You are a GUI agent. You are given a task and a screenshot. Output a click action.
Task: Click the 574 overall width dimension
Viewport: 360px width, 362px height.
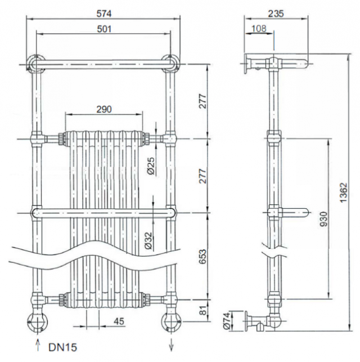[x=104, y=14]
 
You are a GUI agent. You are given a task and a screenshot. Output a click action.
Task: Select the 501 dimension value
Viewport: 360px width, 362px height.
[x=104, y=29]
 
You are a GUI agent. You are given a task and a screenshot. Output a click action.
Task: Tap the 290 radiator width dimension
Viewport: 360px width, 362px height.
[x=104, y=109]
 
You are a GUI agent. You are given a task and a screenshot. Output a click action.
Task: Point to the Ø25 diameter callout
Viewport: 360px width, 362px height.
[x=151, y=166]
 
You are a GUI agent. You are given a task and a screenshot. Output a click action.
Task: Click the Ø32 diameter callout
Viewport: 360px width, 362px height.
[x=148, y=241]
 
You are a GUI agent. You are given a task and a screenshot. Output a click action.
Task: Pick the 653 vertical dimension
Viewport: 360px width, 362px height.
[x=202, y=256]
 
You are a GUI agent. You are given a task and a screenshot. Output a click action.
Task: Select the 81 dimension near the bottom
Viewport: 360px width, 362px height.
[x=203, y=310]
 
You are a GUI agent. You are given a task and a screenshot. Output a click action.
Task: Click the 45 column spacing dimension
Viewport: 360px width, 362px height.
[x=119, y=321]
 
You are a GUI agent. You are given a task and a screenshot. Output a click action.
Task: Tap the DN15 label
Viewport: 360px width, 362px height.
[x=62, y=347]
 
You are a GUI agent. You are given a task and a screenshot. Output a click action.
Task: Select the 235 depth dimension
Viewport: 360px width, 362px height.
[x=276, y=14]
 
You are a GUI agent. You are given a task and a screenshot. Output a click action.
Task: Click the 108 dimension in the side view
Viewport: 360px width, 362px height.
[x=259, y=29]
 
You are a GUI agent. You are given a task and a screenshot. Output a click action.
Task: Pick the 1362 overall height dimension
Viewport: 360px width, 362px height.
[x=344, y=193]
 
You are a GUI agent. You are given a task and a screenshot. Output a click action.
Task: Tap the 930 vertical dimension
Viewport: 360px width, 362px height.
[x=324, y=219]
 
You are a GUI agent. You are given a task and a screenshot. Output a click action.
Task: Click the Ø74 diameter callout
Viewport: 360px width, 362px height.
[x=227, y=321]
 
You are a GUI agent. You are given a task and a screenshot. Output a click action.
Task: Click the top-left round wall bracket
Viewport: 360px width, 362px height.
[x=36, y=63]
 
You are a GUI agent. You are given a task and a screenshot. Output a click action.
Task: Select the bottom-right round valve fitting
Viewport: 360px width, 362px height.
[x=172, y=322]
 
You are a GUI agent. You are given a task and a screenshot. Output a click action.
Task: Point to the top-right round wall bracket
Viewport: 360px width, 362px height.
[x=171, y=63]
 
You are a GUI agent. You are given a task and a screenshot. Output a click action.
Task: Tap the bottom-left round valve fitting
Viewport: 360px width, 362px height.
[x=38, y=322]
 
